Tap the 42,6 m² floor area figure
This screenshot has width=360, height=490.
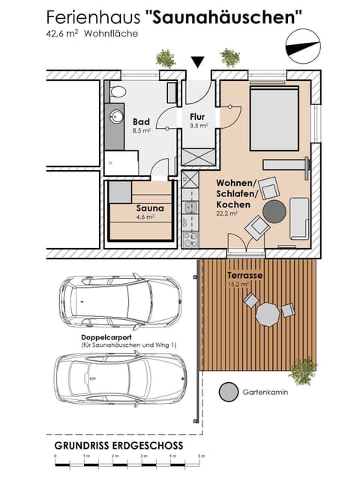(62, 34)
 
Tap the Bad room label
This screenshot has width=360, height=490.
(141, 121)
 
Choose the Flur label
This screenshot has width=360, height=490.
(198, 117)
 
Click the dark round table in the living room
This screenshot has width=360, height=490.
(275, 211)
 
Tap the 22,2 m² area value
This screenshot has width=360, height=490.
(227, 214)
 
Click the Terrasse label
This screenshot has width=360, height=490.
(245, 276)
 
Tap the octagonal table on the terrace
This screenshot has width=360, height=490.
(267, 315)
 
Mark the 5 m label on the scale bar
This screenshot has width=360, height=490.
(201, 456)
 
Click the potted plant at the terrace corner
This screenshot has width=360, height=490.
(303, 369)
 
